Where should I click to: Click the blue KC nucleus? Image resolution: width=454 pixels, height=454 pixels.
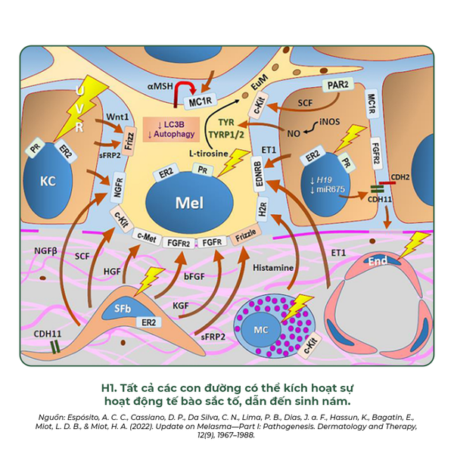[x=48, y=182]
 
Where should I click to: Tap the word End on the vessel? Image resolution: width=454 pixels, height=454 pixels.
[x=375, y=262]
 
